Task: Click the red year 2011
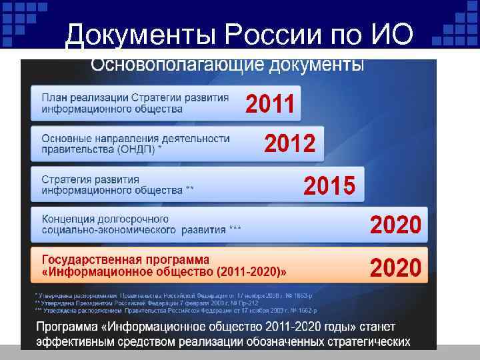271,105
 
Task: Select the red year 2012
290,143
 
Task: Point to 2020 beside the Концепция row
395,224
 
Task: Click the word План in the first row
54,97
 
